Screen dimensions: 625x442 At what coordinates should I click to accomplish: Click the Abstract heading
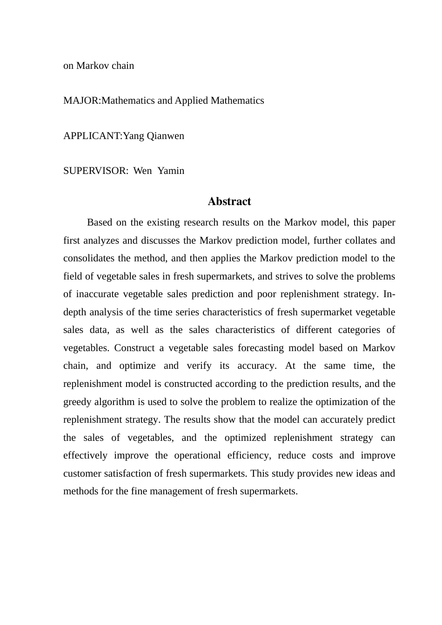tap(229, 201)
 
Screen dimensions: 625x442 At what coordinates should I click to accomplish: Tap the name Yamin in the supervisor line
tap(171, 171)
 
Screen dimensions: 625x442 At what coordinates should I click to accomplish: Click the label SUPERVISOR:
tap(95, 171)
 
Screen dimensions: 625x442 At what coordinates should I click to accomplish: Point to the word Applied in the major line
tap(191, 100)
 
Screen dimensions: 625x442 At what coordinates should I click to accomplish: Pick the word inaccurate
tap(96, 294)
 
